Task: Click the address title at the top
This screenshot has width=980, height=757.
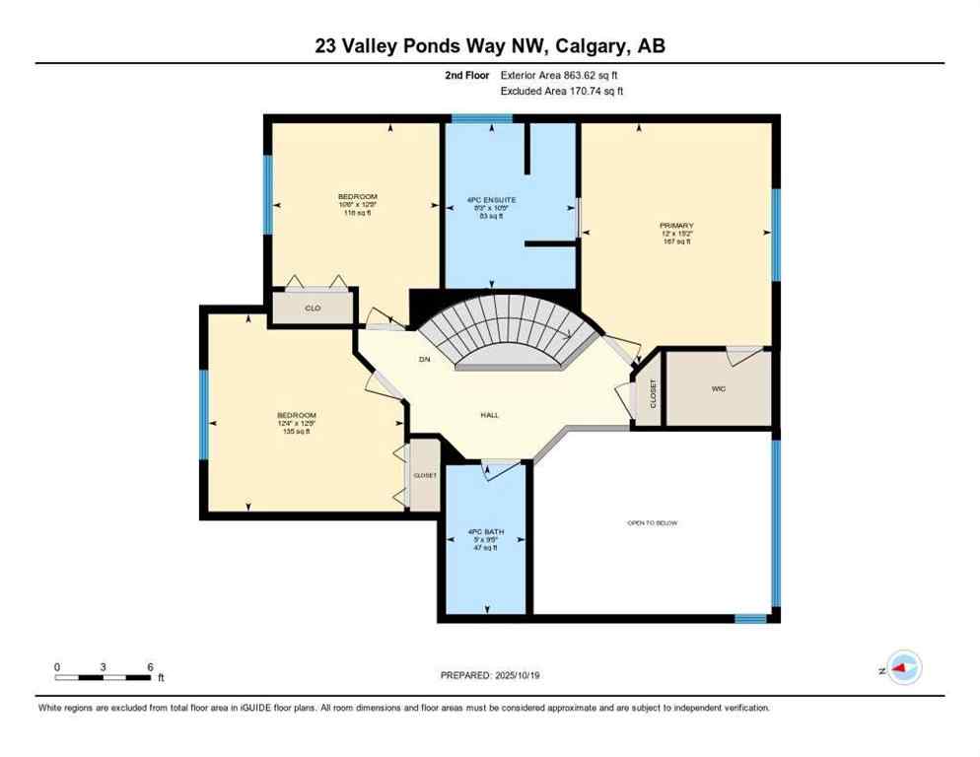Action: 490,45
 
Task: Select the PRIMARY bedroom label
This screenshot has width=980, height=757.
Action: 676,226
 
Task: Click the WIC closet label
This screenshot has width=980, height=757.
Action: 719,388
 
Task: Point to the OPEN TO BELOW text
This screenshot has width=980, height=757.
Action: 653,522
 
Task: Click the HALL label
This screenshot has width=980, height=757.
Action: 489,415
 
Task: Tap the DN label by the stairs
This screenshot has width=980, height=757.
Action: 425,359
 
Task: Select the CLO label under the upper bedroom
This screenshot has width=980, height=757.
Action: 313,309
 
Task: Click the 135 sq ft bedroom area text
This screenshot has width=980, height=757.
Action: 296,431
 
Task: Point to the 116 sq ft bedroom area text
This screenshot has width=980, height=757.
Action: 357,213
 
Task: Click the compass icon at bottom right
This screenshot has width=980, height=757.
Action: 903,668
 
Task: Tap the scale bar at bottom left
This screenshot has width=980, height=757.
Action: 104,677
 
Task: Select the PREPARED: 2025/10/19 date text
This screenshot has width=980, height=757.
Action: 490,675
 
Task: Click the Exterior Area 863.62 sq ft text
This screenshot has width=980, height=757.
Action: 559,75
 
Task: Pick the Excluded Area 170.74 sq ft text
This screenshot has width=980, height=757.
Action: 562,91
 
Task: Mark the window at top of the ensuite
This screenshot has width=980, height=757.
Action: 482,119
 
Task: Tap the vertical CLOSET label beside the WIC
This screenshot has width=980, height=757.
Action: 652,393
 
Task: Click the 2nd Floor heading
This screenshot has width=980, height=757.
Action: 467,75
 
